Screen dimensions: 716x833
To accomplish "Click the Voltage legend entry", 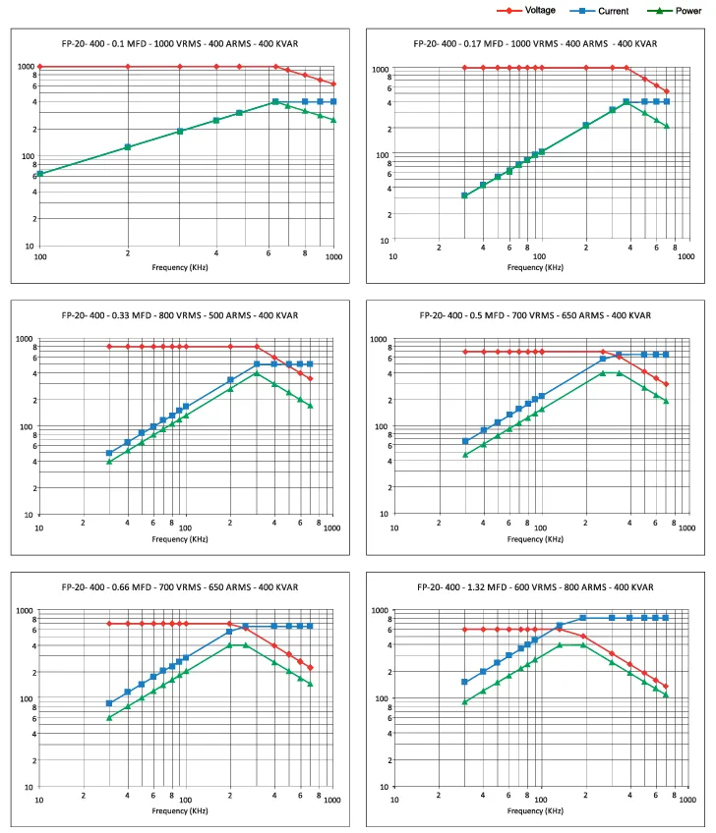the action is [x=526, y=10].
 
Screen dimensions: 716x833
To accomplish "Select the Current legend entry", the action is [x=599, y=11].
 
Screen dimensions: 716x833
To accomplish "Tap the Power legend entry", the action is [x=675, y=11].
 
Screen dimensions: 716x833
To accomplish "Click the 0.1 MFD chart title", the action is [x=180, y=43].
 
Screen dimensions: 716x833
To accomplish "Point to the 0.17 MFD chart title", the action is [x=535, y=43].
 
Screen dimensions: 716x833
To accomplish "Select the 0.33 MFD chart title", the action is [x=180, y=315].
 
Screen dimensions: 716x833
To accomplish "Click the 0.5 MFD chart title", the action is [x=535, y=315].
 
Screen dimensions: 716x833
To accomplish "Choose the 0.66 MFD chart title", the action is [x=180, y=587].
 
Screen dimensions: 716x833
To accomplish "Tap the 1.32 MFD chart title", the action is [x=535, y=587].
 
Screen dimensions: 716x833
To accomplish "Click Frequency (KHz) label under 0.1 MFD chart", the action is [x=180, y=267].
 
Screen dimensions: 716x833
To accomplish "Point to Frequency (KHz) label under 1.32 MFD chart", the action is [x=535, y=810].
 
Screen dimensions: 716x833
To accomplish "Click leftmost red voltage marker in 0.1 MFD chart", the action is [x=40, y=67].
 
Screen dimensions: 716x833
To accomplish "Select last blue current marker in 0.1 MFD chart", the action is [x=333, y=101].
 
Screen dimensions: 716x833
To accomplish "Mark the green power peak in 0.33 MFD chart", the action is [x=257, y=373].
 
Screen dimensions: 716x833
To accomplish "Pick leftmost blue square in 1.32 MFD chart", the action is [x=464, y=682].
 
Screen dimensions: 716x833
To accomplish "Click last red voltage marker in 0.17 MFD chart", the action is [x=667, y=92].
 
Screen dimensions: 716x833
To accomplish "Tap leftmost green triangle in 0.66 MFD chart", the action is [x=109, y=718].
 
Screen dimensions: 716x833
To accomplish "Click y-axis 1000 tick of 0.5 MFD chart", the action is [x=379, y=339].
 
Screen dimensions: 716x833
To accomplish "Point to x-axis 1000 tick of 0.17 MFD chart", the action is [x=686, y=256].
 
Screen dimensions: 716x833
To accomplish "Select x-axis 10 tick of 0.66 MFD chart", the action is [x=38, y=800].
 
